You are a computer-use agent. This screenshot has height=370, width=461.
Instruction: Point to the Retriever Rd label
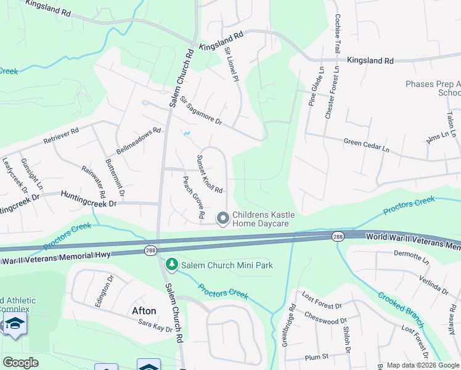coord(62,136)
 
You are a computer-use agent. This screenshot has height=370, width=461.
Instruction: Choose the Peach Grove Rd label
coord(192,198)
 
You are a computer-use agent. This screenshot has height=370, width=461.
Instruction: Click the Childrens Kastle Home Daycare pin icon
coord(222,218)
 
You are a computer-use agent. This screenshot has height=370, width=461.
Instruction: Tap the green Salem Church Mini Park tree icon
coord(171,265)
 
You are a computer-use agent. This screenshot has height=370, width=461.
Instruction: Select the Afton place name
coord(142,310)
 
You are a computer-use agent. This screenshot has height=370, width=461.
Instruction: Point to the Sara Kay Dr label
coord(155,326)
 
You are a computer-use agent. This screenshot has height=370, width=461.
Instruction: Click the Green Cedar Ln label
coord(367,146)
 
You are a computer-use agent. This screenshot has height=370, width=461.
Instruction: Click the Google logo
coord(20,363)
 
